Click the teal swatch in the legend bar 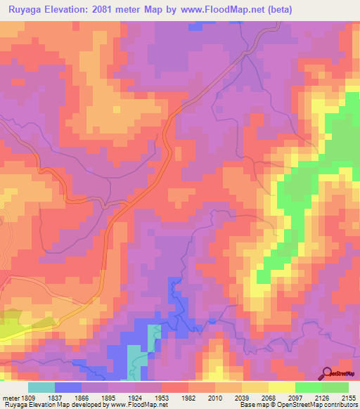point(41,387)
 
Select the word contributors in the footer point(342,405)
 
